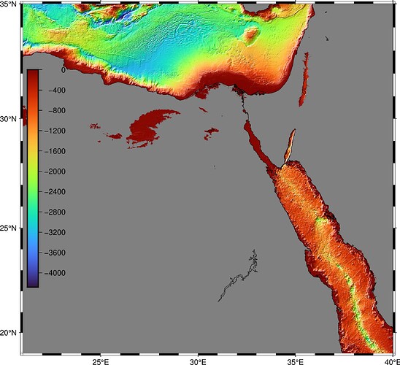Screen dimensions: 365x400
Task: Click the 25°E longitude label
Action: [x=101, y=361]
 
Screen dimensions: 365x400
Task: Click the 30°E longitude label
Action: [x=199, y=361]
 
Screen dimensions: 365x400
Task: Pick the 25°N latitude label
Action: [x=9, y=228]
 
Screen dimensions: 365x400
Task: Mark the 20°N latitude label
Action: [x=9, y=333]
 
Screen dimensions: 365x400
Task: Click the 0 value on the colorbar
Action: [x=63, y=71]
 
